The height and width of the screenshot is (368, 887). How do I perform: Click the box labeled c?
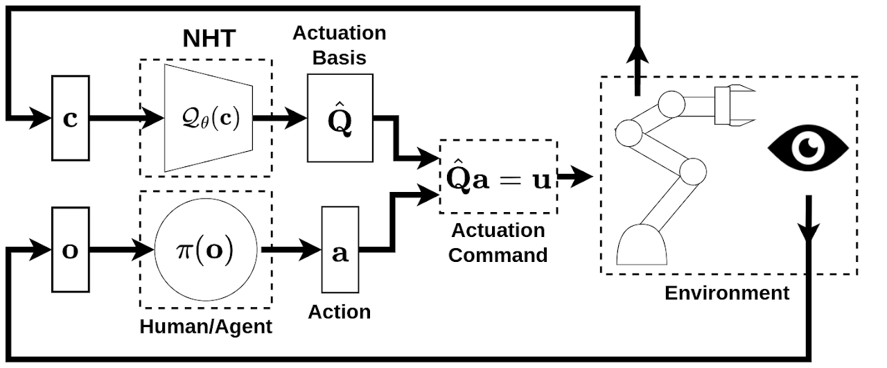(x=71, y=117)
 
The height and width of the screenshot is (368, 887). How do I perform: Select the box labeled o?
(x=71, y=249)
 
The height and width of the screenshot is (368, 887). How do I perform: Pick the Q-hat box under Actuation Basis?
(x=340, y=119)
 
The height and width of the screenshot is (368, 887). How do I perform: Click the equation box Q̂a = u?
(x=498, y=177)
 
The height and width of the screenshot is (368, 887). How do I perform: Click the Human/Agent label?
(x=206, y=326)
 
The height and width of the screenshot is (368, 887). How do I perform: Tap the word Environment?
(x=726, y=292)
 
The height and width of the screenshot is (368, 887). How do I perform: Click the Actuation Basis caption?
(x=339, y=45)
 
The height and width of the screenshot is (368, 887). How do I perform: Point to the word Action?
(x=339, y=311)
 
